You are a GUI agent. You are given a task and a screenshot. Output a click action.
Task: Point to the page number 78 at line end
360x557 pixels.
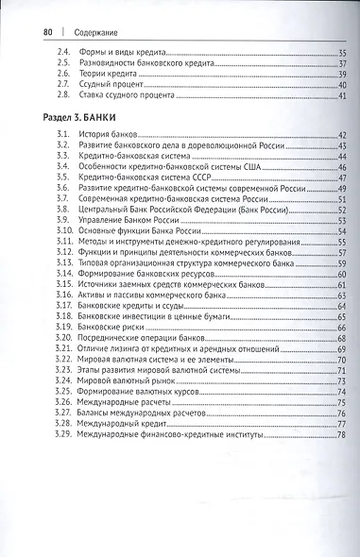[342, 435]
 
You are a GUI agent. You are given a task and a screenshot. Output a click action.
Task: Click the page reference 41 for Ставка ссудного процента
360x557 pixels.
[342, 95]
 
